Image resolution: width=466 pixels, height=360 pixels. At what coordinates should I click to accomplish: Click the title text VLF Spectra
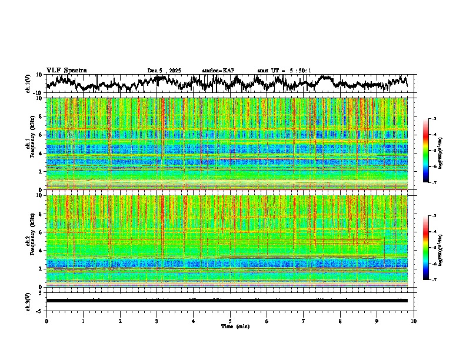[66, 71]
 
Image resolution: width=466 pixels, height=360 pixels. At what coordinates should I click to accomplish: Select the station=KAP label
[218, 71]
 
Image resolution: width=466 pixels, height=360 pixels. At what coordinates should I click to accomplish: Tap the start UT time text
[284, 71]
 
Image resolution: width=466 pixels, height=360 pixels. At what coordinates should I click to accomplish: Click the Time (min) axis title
[235, 326]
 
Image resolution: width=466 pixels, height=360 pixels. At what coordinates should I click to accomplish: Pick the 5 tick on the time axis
[230, 321]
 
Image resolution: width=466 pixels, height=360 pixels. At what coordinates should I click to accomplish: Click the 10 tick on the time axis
[414, 321]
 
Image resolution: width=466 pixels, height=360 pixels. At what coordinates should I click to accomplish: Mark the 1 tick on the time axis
[83, 321]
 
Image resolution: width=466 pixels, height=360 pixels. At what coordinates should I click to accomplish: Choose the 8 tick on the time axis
[340, 321]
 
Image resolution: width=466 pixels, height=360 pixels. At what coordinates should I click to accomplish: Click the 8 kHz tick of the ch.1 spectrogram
[41, 116]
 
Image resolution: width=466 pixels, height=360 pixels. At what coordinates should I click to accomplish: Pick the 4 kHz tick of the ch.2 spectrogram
[41, 250]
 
